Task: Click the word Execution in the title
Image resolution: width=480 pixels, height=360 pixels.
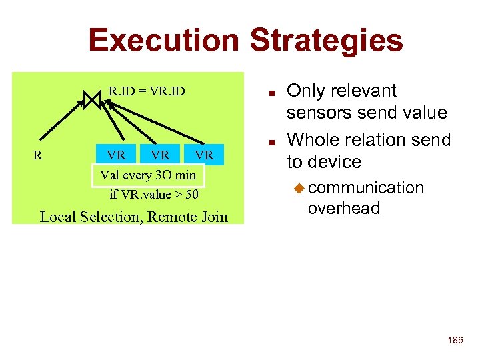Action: [164, 40]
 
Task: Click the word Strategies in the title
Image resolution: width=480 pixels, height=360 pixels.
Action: [326, 40]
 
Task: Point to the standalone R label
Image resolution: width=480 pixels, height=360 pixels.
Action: [38, 155]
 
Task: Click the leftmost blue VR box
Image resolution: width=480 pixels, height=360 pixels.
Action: [116, 155]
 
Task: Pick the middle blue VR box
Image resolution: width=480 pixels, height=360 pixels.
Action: [160, 155]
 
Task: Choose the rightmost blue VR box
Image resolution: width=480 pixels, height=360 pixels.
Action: [203, 155]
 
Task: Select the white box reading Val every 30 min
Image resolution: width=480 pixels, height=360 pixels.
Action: [147, 175]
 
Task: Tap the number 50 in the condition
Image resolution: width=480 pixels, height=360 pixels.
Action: [191, 195]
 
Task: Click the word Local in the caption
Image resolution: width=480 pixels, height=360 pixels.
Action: [59, 217]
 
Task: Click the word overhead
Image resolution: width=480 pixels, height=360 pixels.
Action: [343, 208]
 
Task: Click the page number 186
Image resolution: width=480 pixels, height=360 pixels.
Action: [455, 341]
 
